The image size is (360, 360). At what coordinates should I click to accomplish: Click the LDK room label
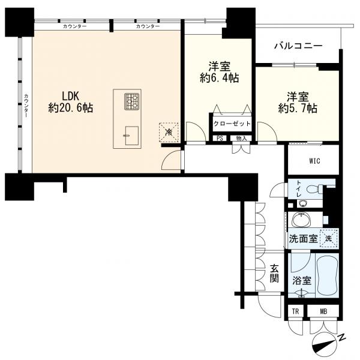click(71, 96)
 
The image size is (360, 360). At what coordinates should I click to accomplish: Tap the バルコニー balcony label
click(298, 46)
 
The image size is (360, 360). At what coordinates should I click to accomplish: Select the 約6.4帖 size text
click(219, 78)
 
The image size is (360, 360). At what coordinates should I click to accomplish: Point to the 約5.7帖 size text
click(298, 108)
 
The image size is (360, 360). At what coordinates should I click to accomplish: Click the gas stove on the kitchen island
click(132, 101)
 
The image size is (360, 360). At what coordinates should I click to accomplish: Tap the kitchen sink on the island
click(131, 136)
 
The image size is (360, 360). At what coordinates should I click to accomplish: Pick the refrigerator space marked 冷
click(169, 132)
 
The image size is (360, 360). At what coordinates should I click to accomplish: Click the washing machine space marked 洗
click(328, 239)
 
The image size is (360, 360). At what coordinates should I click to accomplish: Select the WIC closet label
click(314, 161)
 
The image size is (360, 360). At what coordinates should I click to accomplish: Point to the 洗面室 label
click(303, 239)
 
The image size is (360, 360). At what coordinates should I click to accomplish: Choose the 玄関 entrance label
click(274, 274)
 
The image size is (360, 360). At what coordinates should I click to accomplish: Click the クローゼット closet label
click(232, 124)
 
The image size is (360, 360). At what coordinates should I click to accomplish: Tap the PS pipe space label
click(220, 139)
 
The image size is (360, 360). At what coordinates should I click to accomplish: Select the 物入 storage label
click(241, 139)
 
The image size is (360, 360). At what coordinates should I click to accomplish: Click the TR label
click(295, 311)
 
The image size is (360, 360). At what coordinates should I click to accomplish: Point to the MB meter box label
click(323, 311)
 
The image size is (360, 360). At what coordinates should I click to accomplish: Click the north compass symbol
click(324, 344)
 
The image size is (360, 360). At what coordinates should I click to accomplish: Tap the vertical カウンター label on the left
click(26, 106)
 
